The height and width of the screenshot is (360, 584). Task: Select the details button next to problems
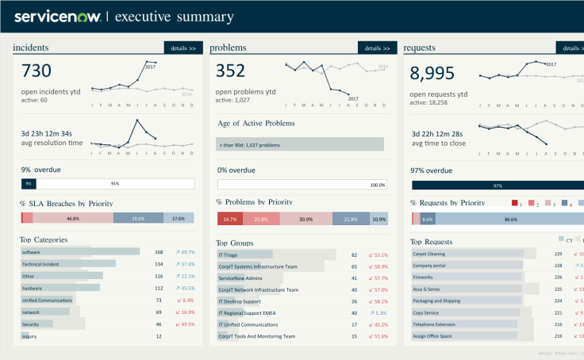click(x=377, y=48)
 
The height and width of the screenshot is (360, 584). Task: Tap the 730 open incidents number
click(x=36, y=71)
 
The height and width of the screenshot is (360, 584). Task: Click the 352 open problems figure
click(x=231, y=71)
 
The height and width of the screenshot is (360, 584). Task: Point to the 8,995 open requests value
click(x=432, y=73)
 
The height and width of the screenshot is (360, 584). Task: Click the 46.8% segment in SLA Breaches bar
click(x=73, y=218)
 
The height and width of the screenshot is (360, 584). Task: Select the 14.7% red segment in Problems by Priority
click(x=230, y=219)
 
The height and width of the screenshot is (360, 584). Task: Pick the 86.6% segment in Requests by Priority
click(x=511, y=219)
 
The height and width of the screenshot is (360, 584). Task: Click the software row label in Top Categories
click(x=31, y=252)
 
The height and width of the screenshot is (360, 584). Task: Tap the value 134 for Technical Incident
click(x=159, y=264)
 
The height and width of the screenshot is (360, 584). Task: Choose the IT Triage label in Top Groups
click(x=229, y=255)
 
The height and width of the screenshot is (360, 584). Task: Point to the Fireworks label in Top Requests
click(x=424, y=278)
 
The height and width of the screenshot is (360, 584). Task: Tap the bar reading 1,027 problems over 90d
click(x=300, y=144)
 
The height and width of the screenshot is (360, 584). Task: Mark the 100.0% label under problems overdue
click(x=377, y=185)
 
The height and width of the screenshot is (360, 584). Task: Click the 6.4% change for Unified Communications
click(x=187, y=301)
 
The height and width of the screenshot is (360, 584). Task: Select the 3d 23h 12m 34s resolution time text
click(x=47, y=133)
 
